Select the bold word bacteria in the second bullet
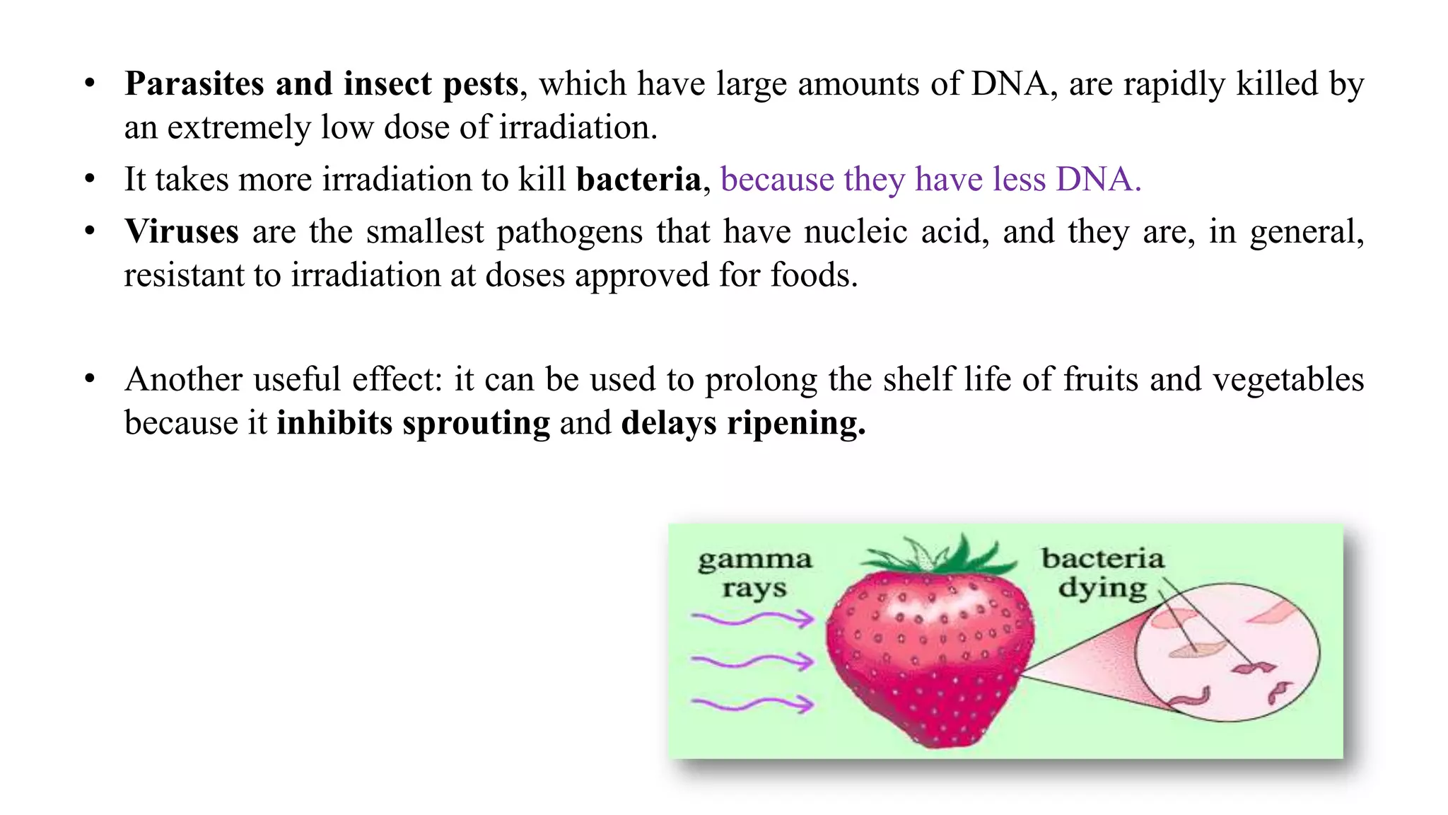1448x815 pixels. coord(638,180)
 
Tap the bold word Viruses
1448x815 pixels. coord(182,232)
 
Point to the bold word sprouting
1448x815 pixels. coord(476,424)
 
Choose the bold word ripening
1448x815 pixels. coord(796,424)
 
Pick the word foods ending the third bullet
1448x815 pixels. coord(813,275)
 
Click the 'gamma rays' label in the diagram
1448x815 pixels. coord(754,574)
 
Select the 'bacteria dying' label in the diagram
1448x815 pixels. coord(1102,573)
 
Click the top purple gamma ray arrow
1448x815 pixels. coord(753,620)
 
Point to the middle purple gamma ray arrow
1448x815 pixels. coord(753,662)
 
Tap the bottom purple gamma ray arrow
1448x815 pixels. coord(753,704)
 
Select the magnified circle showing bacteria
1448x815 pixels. coord(1227,652)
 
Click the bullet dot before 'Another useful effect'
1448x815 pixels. coord(90,379)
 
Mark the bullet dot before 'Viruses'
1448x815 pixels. coord(90,231)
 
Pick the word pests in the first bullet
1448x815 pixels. coord(481,84)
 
